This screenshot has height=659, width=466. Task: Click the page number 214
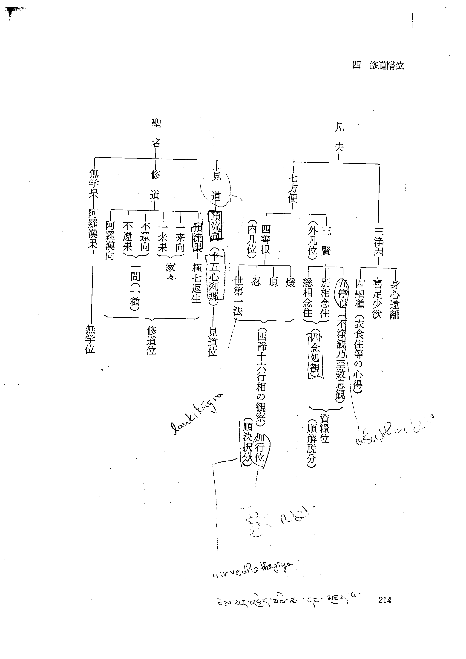[385, 600]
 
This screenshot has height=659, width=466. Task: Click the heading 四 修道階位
[378, 66]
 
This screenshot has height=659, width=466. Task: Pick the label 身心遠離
[395, 299]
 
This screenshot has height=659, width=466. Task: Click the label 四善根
[265, 239]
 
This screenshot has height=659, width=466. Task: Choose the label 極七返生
[197, 283]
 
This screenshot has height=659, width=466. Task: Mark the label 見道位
[212, 342]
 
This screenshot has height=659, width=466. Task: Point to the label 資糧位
[325, 429]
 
